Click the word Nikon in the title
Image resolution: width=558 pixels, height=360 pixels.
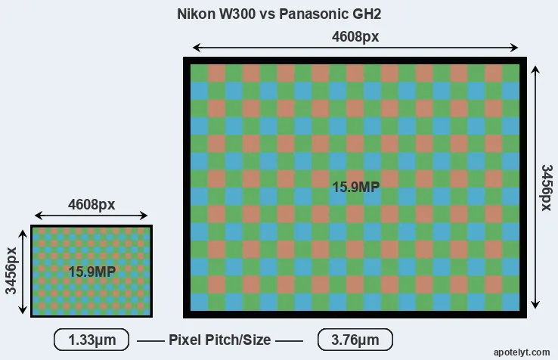click(194, 14)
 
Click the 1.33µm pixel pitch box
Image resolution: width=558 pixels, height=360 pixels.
click(91, 340)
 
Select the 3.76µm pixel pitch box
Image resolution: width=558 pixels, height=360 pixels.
click(355, 340)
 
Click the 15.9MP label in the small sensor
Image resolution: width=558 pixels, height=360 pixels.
click(91, 271)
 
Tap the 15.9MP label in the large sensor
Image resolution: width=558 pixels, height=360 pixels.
click(355, 187)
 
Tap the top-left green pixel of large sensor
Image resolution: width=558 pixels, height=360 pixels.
click(199, 73)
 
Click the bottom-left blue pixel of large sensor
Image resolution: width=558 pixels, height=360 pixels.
click(199, 302)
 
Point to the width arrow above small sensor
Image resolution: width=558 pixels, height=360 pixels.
click(91, 217)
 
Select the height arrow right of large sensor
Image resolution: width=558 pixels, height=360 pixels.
click(536, 187)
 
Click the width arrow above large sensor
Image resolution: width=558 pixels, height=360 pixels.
click(355, 48)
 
